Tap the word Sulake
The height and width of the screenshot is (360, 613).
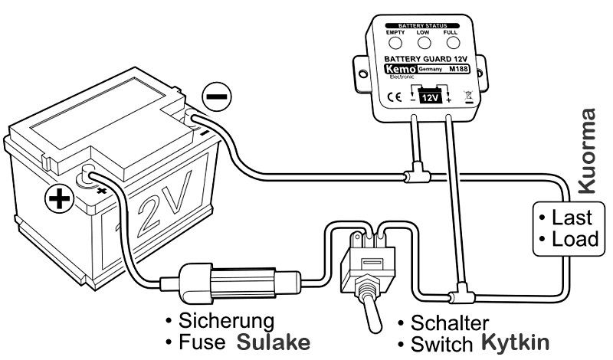(x=274, y=339)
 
